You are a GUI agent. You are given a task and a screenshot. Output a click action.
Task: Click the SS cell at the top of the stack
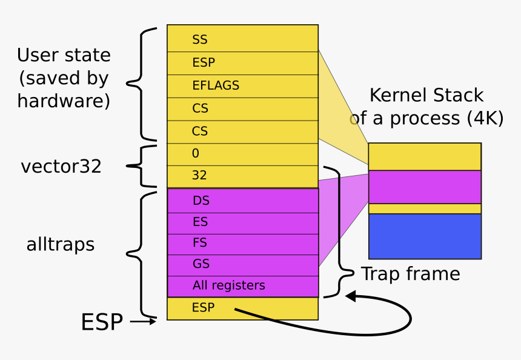(x=242, y=39)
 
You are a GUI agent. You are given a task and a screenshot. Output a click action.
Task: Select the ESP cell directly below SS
(x=242, y=63)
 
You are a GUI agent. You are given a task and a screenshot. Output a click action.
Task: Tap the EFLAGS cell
(x=242, y=86)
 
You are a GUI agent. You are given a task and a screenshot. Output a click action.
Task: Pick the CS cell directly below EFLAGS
(x=242, y=109)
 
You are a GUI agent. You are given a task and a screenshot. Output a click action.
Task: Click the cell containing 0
(x=242, y=154)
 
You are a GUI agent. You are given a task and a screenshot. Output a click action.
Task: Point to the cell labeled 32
(x=242, y=176)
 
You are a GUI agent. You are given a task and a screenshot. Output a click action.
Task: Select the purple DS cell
(x=242, y=201)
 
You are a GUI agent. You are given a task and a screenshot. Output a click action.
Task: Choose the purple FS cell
(x=242, y=243)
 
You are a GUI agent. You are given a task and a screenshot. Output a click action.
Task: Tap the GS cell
(x=242, y=265)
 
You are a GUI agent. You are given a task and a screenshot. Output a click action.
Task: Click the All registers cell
(x=242, y=286)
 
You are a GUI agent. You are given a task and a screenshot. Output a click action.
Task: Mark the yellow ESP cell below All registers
(x=242, y=308)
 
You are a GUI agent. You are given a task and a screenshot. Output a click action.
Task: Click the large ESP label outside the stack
(x=102, y=322)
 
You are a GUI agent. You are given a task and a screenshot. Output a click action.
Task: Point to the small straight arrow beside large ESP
(x=143, y=322)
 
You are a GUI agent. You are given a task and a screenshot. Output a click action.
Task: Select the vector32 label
(x=61, y=167)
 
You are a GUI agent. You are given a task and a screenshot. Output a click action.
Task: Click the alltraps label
(x=61, y=244)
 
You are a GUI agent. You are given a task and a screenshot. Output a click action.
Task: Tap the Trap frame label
(x=411, y=274)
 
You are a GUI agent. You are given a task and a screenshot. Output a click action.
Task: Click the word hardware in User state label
(x=64, y=101)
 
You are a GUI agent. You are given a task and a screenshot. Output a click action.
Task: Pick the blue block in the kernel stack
(x=425, y=236)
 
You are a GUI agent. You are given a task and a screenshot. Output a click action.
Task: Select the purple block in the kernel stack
(x=425, y=187)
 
